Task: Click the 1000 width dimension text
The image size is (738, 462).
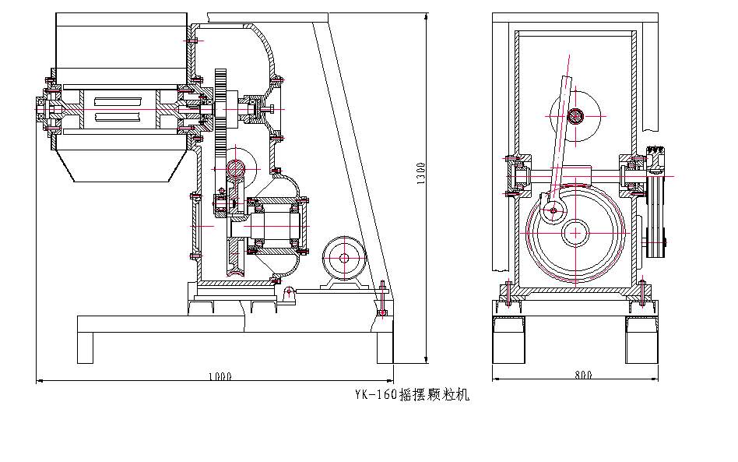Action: pyautogui.click(x=220, y=376)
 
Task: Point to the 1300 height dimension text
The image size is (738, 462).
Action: pyautogui.click(x=420, y=173)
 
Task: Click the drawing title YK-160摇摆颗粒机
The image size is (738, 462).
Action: pyautogui.click(x=411, y=395)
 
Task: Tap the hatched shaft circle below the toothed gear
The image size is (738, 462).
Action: pyautogui.click(x=236, y=166)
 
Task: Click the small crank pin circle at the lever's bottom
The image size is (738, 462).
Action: pyautogui.click(x=552, y=210)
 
